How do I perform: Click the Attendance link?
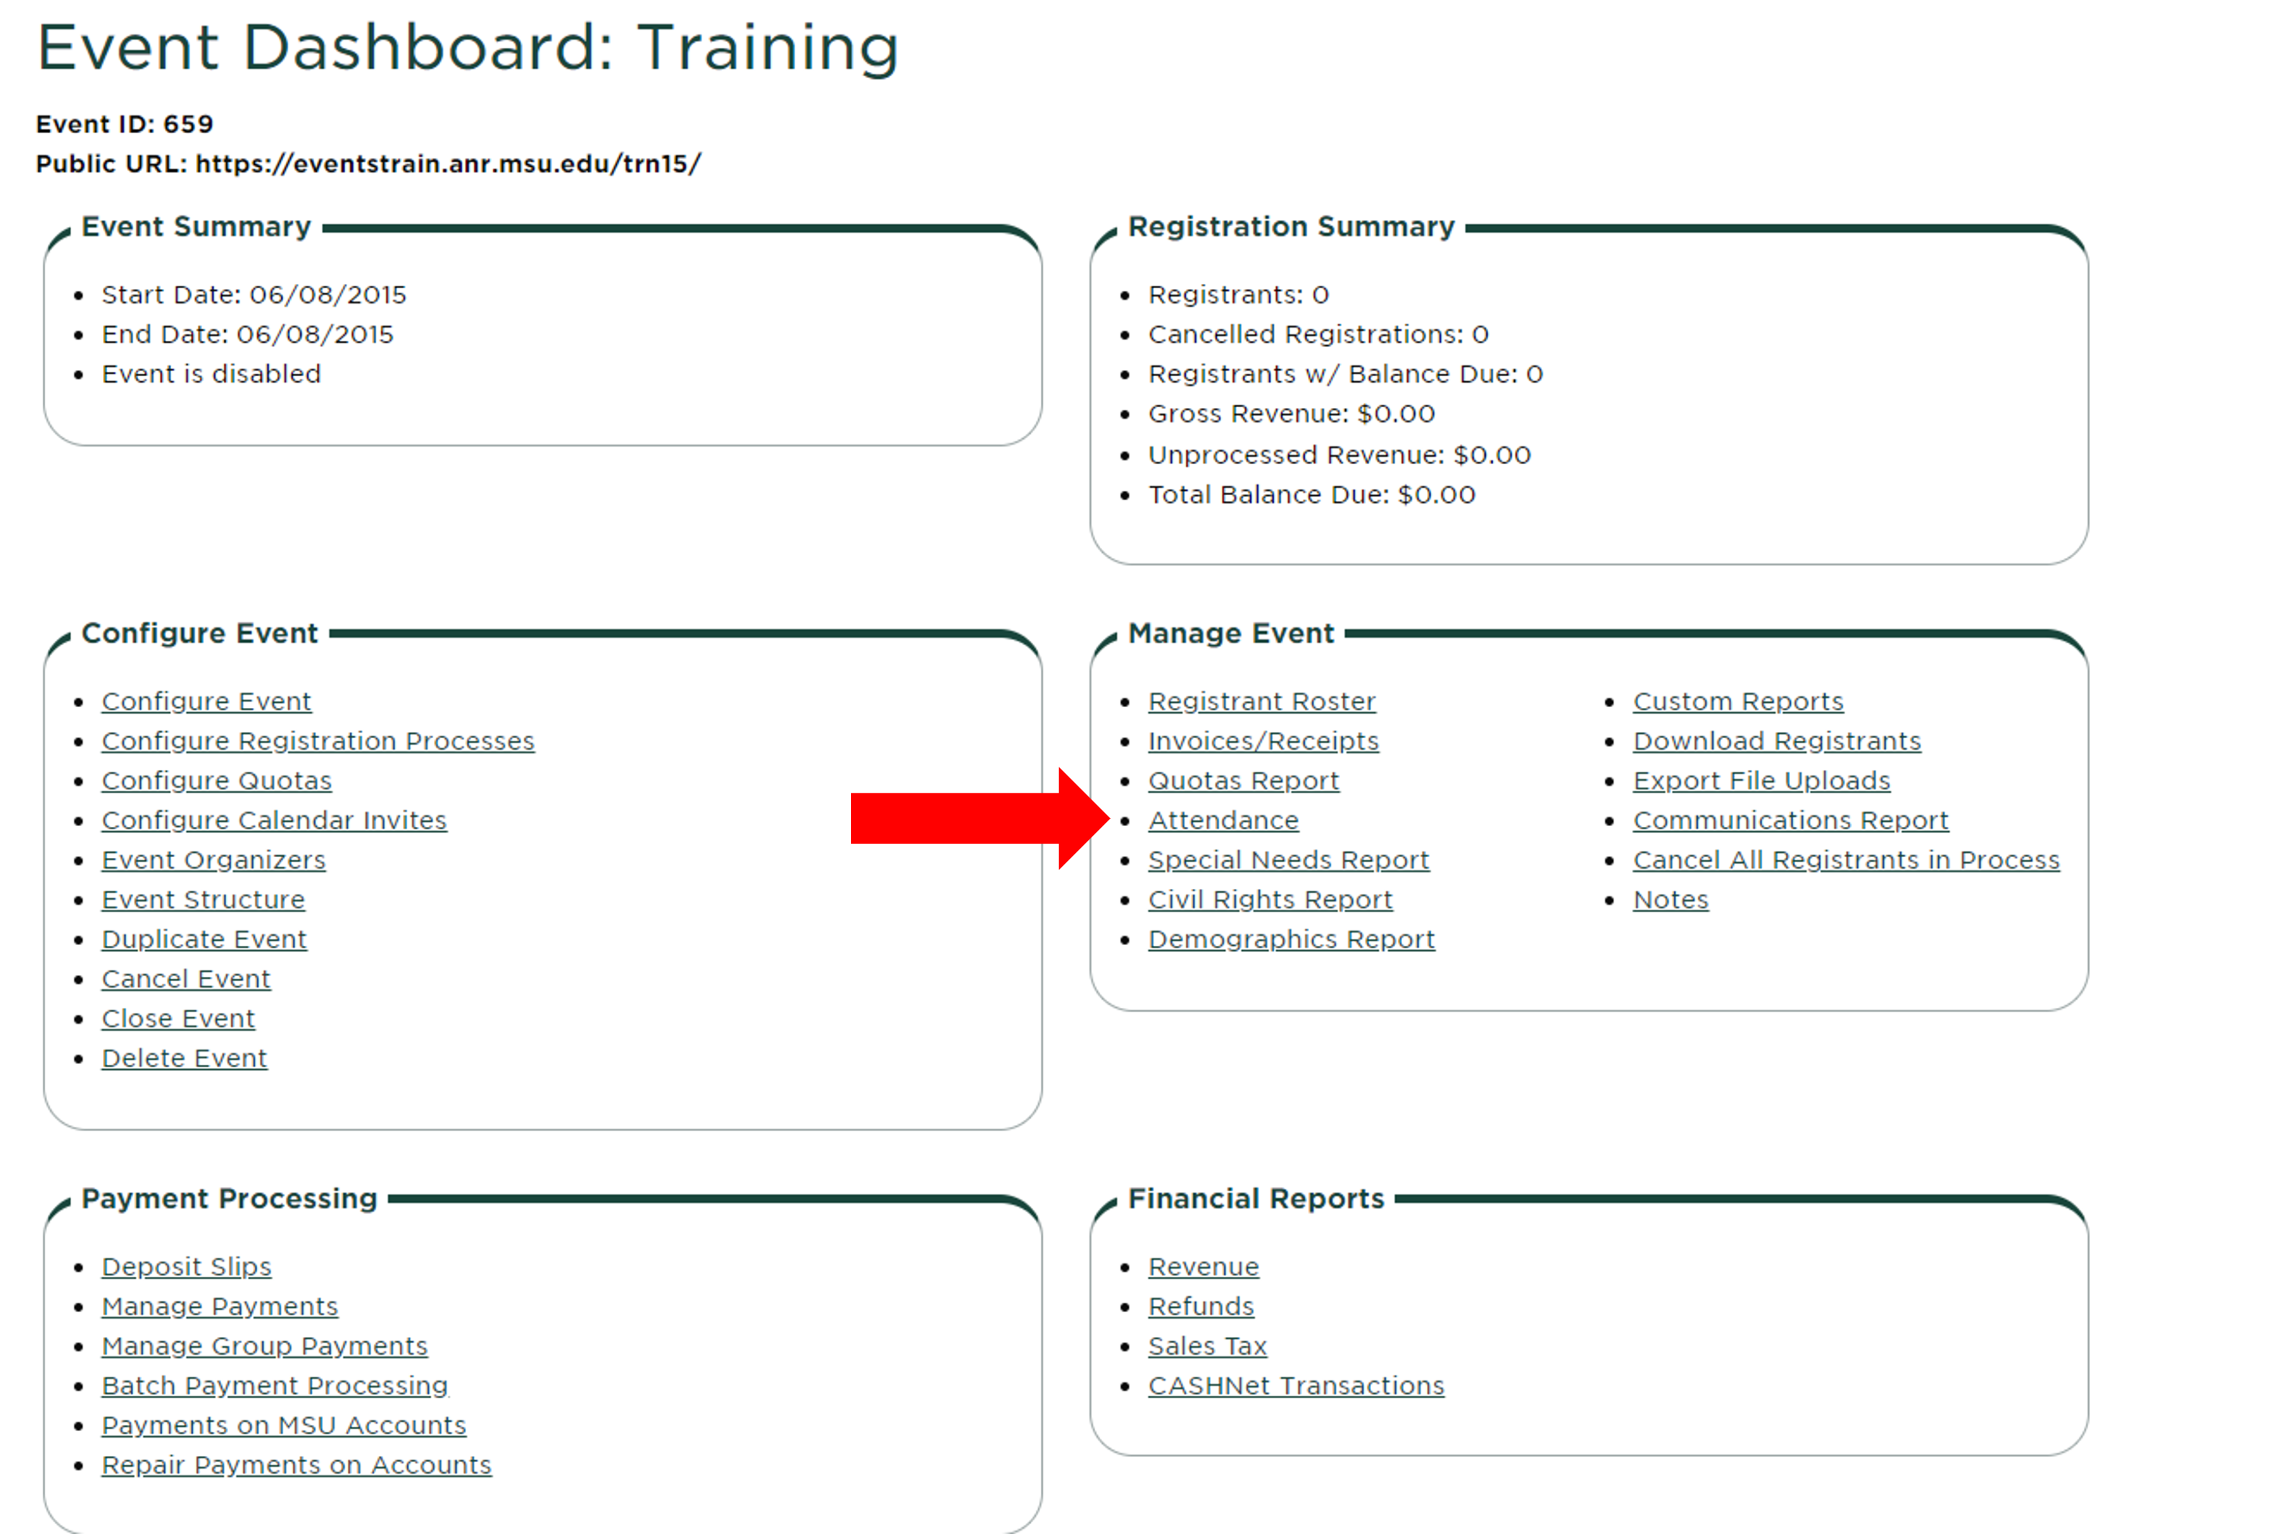click(1223, 820)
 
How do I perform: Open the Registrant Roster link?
click(1262, 702)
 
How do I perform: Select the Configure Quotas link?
click(216, 781)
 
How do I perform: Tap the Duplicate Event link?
click(203, 939)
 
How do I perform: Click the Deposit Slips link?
click(186, 1267)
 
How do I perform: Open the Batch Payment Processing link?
click(275, 1386)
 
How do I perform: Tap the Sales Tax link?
click(1207, 1346)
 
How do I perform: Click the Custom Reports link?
click(1738, 702)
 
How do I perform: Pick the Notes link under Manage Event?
click(1670, 899)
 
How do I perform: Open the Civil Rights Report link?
click(1269, 899)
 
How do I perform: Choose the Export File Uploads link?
click(1762, 781)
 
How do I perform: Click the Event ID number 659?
click(188, 124)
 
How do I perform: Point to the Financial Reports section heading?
click(1256, 1199)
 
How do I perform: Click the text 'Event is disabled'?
click(211, 374)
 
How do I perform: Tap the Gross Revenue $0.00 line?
click(1291, 414)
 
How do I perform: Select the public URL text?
click(448, 164)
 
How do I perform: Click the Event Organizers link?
click(213, 860)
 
